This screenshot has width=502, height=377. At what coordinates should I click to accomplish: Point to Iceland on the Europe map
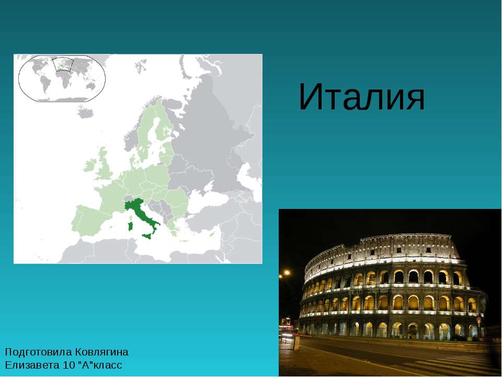(85, 111)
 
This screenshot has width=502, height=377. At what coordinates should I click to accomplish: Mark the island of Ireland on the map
(90, 166)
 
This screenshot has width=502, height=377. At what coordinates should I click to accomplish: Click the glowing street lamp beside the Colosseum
(287, 273)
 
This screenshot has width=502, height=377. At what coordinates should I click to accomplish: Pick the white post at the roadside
(296, 343)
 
